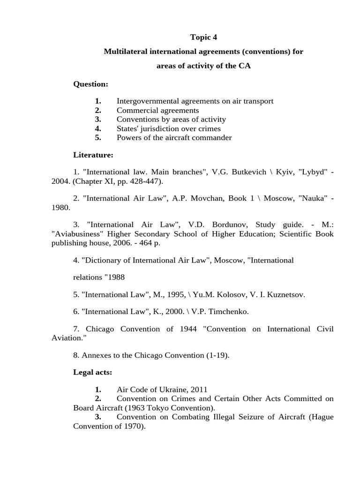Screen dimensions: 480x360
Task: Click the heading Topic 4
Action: tap(204, 37)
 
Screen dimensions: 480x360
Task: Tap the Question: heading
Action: tap(90, 84)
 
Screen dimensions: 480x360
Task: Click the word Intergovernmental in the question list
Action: tap(146, 101)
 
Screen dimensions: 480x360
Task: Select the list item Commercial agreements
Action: tap(157, 110)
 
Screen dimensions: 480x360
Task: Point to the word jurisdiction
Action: tap(162, 128)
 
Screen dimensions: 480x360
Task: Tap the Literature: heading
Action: tap(92, 155)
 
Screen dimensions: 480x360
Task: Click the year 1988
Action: tap(114, 277)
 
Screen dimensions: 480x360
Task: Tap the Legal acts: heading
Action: tap(92, 372)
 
